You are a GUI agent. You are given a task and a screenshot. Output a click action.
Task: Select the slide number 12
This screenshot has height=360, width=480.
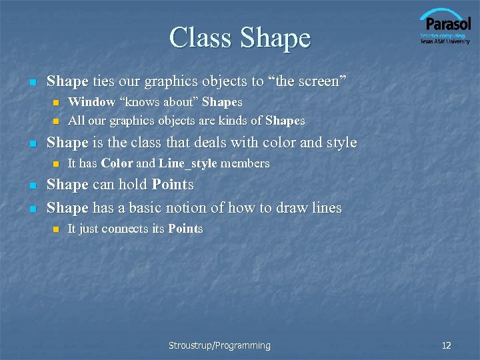447,345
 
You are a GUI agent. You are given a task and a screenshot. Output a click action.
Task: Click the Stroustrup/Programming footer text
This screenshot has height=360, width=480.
219,345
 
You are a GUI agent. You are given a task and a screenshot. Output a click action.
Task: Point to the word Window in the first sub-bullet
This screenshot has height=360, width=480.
91,102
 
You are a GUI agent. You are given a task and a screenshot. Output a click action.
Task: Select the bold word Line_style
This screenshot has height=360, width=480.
187,163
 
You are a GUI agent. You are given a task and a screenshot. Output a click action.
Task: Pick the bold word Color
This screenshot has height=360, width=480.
117,163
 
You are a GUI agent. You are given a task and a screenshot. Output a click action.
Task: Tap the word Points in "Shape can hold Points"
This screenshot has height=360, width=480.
172,185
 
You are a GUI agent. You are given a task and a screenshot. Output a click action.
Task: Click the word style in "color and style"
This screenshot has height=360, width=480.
340,143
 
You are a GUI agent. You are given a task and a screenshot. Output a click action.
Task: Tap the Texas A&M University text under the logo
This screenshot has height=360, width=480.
445,41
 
